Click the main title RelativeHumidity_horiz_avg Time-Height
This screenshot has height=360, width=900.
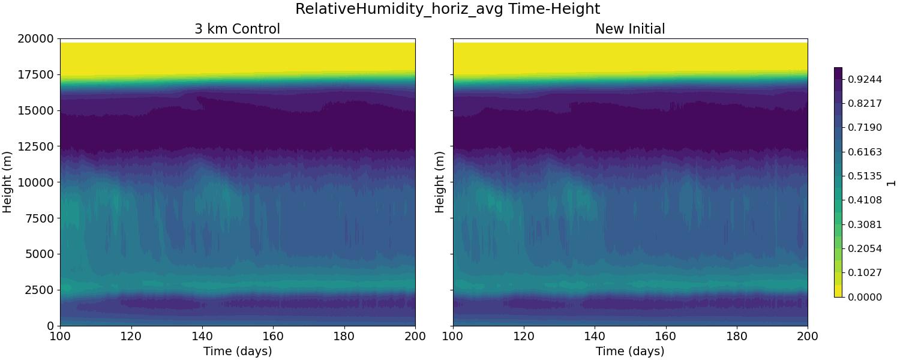[x=448, y=9]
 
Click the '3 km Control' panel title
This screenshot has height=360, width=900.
[x=237, y=29]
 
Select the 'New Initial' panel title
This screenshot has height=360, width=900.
[x=630, y=29]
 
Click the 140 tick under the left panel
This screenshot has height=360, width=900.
[x=202, y=336]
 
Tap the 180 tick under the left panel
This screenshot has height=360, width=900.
[x=344, y=336]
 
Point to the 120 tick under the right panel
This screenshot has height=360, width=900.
[x=524, y=336]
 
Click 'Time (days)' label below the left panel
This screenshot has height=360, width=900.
[x=237, y=351]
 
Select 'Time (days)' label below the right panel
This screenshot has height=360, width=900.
[x=630, y=351]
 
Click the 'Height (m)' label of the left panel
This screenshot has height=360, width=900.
[x=8, y=182]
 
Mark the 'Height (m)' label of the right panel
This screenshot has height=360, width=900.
[x=440, y=182]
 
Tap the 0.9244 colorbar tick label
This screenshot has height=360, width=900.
[x=864, y=79]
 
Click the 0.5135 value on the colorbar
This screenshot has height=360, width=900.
[x=864, y=176]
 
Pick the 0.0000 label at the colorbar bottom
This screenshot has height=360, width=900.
[x=864, y=297]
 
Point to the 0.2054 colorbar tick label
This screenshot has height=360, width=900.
[x=864, y=248]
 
